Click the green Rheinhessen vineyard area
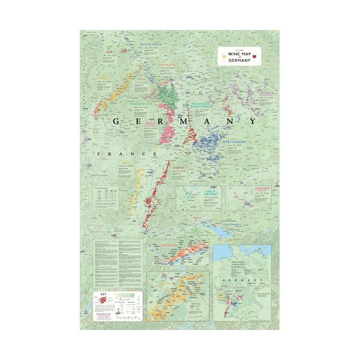(172, 99)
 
